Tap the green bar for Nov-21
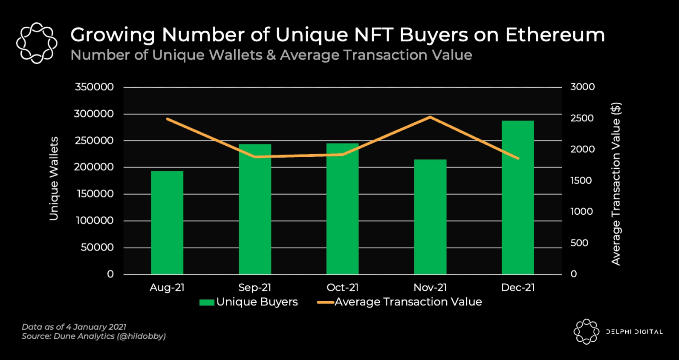click(x=430, y=217)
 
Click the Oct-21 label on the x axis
click(x=342, y=288)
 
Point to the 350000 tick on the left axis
click(x=94, y=87)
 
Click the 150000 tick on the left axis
click(x=95, y=194)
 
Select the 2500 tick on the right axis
click(x=582, y=118)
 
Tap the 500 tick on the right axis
click(x=579, y=243)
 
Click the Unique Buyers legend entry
click(x=249, y=302)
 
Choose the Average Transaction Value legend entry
click(x=400, y=302)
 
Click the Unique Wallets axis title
click(x=54, y=179)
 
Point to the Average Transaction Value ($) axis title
click(x=616, y=184)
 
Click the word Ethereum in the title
click(x=555, y=35)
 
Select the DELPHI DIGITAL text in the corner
click(x=634, y=332)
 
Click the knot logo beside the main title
click(x=37, y=43)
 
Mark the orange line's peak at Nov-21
click(x=431, y=117)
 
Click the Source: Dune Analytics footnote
click(x=94, y=336)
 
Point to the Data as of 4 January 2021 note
click(x=74, y=327)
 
